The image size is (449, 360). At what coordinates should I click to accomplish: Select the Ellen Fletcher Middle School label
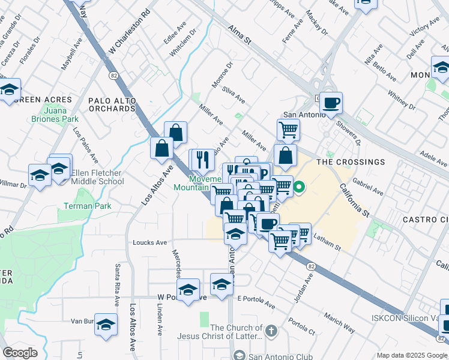97,178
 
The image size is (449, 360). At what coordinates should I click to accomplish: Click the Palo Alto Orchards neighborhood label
112,104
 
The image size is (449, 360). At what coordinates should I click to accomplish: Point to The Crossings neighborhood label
351,162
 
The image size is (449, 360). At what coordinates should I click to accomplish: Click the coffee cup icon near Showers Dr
331,103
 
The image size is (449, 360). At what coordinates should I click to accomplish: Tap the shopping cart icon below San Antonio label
288,128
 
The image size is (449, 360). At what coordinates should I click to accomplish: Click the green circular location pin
297,188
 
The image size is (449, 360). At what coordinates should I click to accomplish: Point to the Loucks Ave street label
149,242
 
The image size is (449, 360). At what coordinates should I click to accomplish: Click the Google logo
20,353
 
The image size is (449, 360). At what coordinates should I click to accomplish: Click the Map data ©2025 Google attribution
412,355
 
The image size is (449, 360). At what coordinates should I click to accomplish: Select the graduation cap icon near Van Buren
106,325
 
